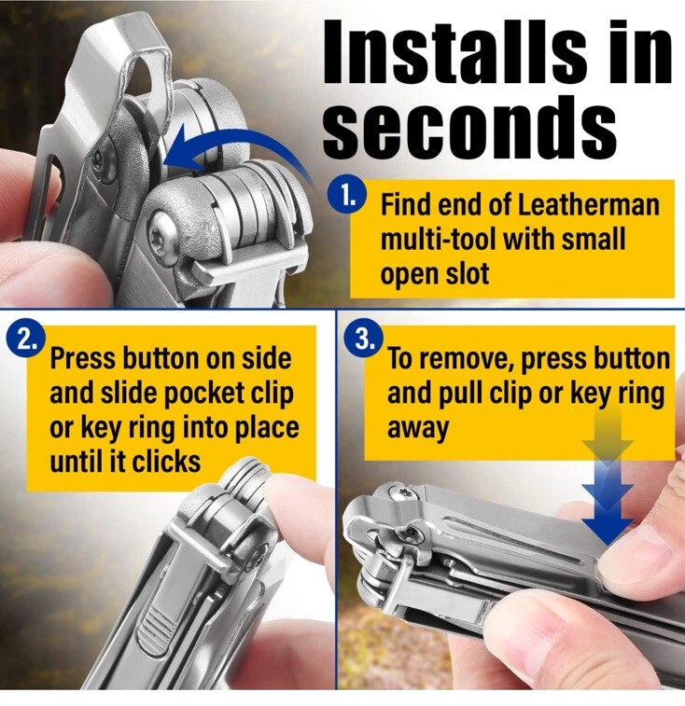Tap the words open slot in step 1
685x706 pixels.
point(435,274)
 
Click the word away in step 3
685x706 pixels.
point(418,428)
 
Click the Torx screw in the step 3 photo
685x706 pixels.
point(402,494)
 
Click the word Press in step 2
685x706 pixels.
point(83,359)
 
